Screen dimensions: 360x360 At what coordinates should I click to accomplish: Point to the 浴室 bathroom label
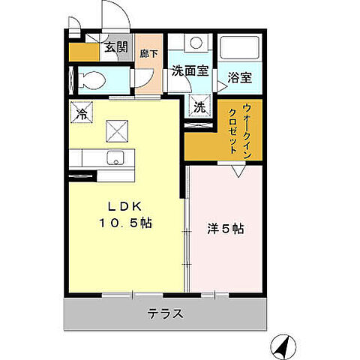(239, 76)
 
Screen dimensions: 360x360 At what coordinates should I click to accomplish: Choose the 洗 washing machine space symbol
(199, 107)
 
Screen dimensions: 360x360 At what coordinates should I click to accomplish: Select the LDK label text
(124, 206)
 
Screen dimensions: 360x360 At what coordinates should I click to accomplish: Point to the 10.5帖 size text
(126, 223)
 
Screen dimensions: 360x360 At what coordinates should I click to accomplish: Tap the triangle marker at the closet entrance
(238, 171)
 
